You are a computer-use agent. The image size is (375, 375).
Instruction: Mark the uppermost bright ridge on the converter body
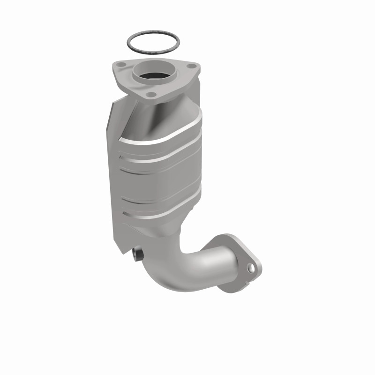(164, 136)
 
